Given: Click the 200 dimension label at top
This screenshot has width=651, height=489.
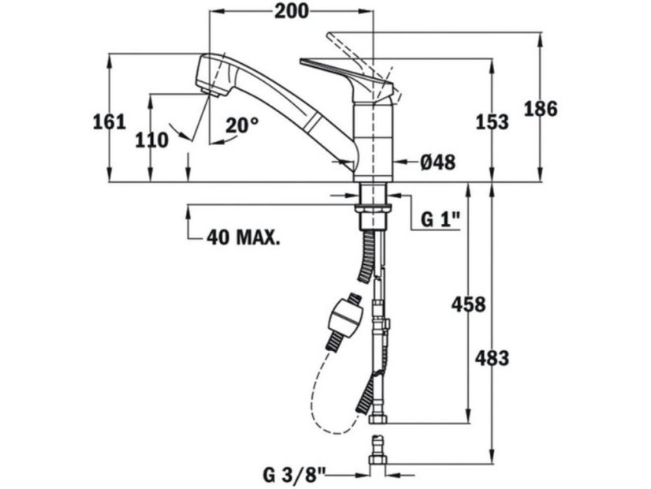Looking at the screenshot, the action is pos(292,11).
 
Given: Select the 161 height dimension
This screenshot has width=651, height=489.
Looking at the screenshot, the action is pos(109,122).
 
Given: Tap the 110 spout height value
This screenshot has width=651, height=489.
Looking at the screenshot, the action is pos(152,140).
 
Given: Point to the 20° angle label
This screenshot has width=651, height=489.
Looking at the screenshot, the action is pos(242,125).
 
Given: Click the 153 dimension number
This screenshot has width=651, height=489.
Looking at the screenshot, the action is pos(492,122).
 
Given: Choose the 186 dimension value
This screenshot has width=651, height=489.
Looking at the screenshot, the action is pos(541,110).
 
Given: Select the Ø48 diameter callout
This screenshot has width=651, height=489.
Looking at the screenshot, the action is pos(437,162).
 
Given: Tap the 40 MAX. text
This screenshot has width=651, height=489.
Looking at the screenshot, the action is pos(243,237).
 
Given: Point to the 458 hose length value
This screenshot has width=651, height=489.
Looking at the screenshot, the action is pos(468,304).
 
